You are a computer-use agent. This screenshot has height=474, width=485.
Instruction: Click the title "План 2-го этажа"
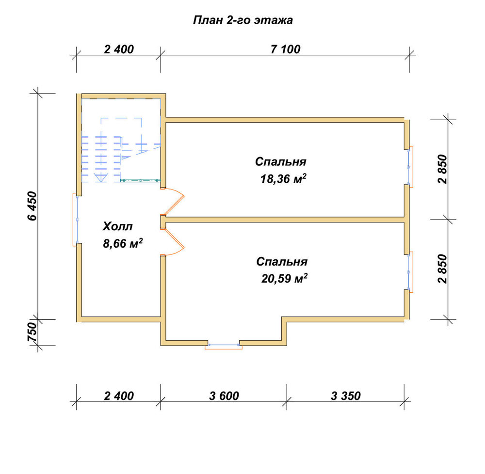click(x=243, y=20)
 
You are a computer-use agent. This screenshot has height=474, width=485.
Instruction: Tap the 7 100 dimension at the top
click(x=285, y=49)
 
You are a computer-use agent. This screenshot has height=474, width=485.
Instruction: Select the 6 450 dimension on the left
click(x=32, y=206)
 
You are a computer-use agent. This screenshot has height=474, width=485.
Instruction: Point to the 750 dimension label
click(x=32, y=332)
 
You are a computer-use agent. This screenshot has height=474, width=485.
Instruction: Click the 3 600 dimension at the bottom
click(x=224, y=396)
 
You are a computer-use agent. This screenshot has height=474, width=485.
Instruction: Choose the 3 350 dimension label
click(x=345, y=396)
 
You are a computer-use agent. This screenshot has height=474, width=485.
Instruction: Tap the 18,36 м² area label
click(x=283, y=179)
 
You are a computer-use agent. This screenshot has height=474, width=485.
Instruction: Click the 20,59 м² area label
click(x=284, y=278)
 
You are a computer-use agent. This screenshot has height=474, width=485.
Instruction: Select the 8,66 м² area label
click(x=123, y=243)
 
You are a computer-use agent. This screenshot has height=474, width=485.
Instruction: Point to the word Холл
click(x=117, y=226)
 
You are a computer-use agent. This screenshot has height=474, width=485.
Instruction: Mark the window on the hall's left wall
click(x=76, y=220)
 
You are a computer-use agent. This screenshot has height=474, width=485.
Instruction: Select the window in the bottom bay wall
click(x=224, y=346)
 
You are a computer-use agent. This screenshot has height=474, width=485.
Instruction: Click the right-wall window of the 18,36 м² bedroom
click(x=409, y=167)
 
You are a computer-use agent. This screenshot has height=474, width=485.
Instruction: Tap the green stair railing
click(x=141, y=180)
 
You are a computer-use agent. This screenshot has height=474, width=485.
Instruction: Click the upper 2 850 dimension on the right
click(x=442, y=169)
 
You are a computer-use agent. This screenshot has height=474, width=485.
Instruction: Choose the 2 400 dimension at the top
click(x=119, y=49)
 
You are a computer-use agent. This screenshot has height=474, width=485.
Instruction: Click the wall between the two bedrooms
click(x=285, y=220)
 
